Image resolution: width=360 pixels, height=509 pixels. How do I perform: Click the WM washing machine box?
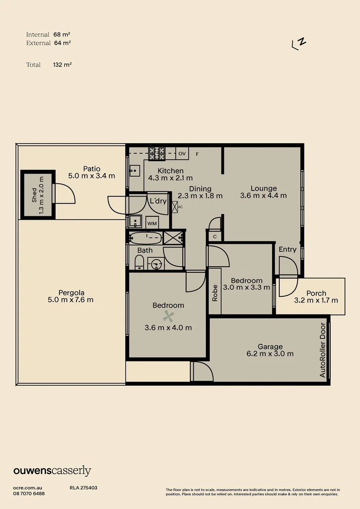[x=152, y=223]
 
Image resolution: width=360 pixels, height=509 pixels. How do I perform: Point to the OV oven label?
[x=182, y=154]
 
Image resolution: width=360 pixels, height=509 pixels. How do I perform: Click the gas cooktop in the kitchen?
[x=157, y=153]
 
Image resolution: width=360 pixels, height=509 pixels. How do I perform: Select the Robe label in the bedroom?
[x=215, y=293]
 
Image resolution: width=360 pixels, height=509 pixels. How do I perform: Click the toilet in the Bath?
[x=139, y=262]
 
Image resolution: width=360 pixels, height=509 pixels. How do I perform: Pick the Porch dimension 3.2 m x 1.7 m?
[x=316, y=300]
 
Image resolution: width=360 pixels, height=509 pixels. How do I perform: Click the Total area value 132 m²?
[x=62, y=65]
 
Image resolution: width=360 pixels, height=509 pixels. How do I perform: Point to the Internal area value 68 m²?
[x=62, y=34]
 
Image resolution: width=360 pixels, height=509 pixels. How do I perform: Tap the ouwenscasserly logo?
[x=52, y=470]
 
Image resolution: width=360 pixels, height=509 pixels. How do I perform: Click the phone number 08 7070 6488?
[x=29, y=493]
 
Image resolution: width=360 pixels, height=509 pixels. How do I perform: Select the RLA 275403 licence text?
[x=83, y=488]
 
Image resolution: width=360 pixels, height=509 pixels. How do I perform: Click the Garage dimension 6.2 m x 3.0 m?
[x=270, y=353]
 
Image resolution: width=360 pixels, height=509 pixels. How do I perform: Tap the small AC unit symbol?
[x=175, y=206]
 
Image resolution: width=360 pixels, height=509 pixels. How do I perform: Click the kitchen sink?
[x=134, y=169]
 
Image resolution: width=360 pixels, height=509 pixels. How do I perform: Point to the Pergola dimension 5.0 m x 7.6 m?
[x=71, y=299]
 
